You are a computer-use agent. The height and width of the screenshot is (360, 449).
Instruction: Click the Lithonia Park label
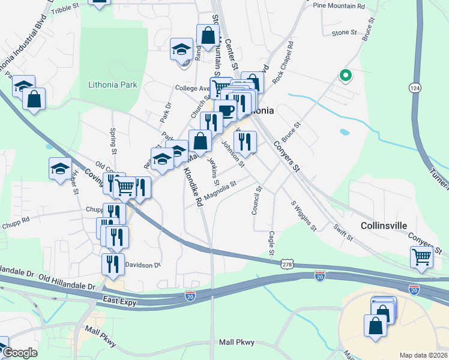click(112, 85)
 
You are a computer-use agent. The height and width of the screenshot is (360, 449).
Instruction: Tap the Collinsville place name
click(384, 226)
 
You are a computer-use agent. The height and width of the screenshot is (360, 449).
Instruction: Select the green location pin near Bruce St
click(345, 76)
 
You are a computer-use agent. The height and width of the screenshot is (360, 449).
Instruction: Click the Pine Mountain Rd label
click(339, 6)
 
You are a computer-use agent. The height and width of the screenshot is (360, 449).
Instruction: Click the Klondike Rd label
click(193, 187)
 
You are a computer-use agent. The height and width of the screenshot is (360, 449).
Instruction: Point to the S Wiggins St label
click(304, 215)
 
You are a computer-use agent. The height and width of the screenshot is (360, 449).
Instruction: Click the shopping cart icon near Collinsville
click(421, 256)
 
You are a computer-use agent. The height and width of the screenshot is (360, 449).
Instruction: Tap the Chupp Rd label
click(16, 219)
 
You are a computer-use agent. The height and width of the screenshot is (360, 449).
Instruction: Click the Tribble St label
click(65, 8)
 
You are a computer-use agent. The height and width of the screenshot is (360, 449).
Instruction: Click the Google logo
click(20, 353)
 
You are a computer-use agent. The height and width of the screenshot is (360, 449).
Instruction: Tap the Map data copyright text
click(423, 355)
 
